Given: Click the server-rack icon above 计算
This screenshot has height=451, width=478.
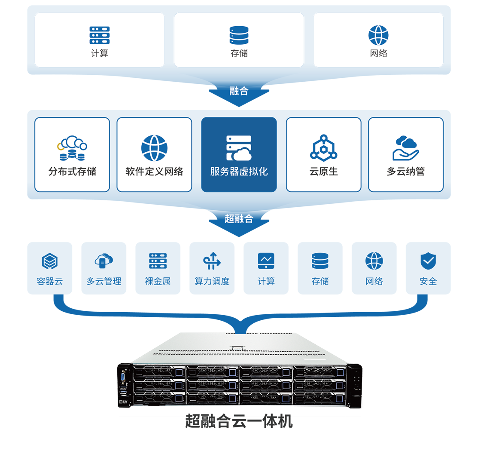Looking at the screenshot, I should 99,35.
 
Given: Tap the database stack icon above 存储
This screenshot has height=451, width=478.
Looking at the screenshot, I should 239,35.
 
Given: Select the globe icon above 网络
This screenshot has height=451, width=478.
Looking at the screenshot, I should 378,35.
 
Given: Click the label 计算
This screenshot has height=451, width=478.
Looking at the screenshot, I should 99,53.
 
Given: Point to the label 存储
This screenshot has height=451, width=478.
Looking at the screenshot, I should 239,53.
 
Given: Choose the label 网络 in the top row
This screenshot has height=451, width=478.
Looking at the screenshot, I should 378,53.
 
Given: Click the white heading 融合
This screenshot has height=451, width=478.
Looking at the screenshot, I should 239,91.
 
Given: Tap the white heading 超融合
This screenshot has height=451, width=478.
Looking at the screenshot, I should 239,218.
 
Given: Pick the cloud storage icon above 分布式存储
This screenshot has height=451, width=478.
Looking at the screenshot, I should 72,148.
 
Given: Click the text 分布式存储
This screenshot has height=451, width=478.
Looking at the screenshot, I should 72,172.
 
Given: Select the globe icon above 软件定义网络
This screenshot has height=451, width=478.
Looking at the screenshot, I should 154,148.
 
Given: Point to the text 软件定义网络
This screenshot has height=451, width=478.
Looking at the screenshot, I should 154,172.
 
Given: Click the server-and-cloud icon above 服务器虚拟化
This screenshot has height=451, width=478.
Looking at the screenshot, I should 239,148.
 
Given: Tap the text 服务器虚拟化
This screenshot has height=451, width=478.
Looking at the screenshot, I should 239,172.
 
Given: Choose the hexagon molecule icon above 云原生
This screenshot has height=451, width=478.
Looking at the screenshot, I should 323,148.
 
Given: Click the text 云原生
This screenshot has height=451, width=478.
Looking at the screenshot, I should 323,172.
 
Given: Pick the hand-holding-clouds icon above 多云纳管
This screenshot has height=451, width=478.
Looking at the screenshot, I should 405,148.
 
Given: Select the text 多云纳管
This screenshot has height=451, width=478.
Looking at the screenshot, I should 405,172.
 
